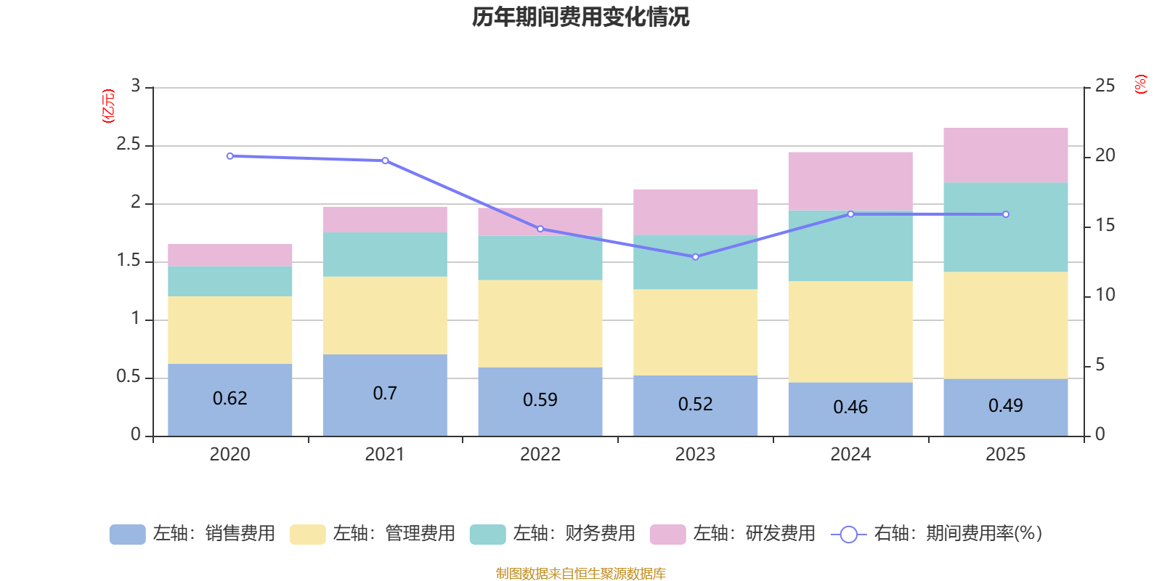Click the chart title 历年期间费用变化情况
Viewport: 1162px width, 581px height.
click(x=580, y=17)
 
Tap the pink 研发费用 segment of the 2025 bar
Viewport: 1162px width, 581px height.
click(x=1005, y=155)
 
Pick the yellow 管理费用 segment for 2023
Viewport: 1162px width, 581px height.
click(x=695, y=332)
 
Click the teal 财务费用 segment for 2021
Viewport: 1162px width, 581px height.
click(x=384, y=254)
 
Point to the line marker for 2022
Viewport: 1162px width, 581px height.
click(x=540, y=229)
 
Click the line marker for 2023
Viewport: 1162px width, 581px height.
click(x=695, y=257)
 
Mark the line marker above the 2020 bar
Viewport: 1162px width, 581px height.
click(x=230, y=156)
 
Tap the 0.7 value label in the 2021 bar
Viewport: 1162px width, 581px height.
click(x=385, y=394)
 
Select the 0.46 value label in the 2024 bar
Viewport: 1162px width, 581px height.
click(x=850, y=407)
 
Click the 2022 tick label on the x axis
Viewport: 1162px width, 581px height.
click(x=540, y=455)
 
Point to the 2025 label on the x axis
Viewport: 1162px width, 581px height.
click(x=1005, y=455)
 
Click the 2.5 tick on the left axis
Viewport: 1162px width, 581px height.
click(x=129, y=145)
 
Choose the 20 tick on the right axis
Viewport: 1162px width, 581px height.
click(x=1105, y=155)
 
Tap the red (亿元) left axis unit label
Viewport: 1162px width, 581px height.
click(x=108, y=106)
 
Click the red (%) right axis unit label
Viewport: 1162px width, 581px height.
click(x=1140, y=84)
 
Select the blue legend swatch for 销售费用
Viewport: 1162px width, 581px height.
click(x=127, y=535)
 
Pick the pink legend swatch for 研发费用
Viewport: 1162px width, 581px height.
click(x=667, y=535)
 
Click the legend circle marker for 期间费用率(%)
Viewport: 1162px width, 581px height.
click(x=848, y=535)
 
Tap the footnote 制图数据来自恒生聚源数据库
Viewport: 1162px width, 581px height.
click(x=580, y=574)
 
